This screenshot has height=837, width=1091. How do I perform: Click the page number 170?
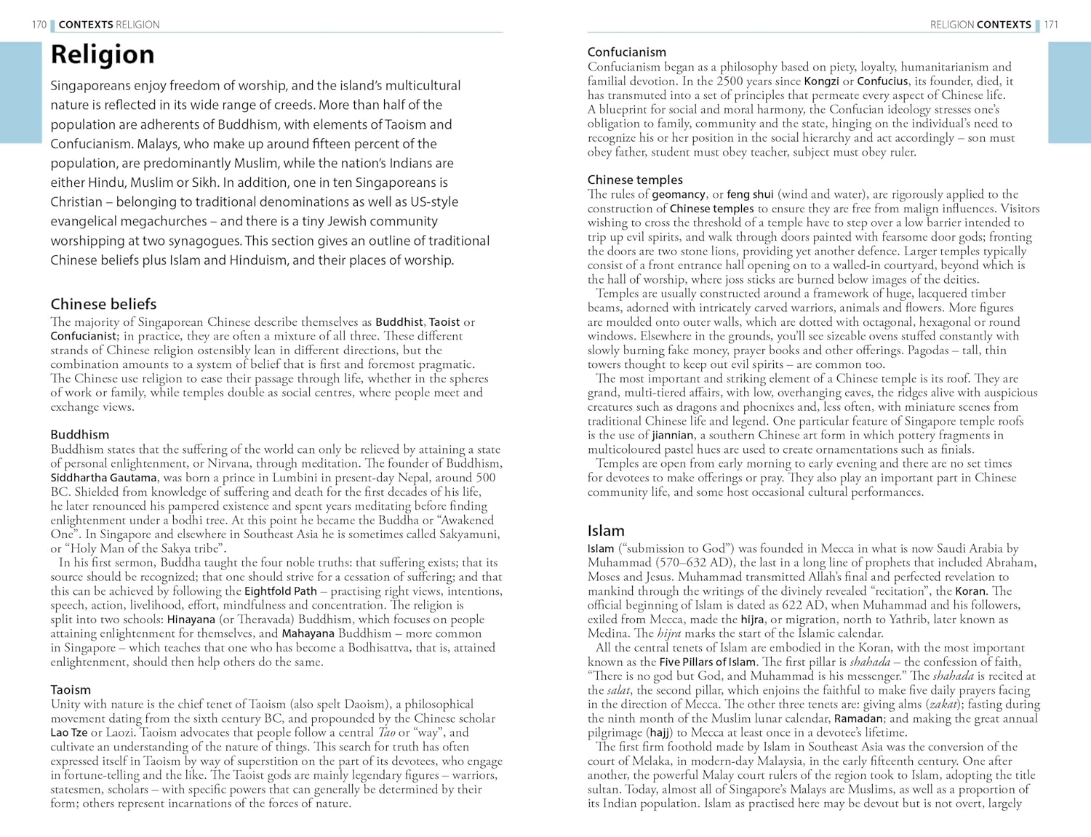[39, 25]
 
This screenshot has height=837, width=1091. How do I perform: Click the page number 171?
[1051, 25]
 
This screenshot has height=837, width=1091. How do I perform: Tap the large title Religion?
[103, 55]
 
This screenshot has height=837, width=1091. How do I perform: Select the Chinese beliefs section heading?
[103, 304]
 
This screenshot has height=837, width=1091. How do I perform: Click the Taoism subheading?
[71, 689]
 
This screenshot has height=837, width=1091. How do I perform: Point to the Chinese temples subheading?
[635, 180]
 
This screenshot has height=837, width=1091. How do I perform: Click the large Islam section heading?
[606, 531]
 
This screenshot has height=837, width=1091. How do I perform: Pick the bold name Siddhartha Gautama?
[103, 478]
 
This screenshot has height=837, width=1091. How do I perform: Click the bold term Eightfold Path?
[280, 591]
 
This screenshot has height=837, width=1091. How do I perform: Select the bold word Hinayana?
[191, 620]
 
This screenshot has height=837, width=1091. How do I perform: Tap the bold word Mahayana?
[308, 633]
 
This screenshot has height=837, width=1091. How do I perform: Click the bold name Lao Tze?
[68, 732]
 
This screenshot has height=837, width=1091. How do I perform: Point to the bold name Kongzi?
[821, 81]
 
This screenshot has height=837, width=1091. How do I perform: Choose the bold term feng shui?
[750, 194]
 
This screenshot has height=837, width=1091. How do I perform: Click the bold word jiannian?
[672, 435]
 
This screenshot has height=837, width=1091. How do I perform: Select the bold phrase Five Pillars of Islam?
[707, 662]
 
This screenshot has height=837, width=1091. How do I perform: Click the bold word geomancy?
[679, 194]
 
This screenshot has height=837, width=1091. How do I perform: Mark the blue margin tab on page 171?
[1069, 92]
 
